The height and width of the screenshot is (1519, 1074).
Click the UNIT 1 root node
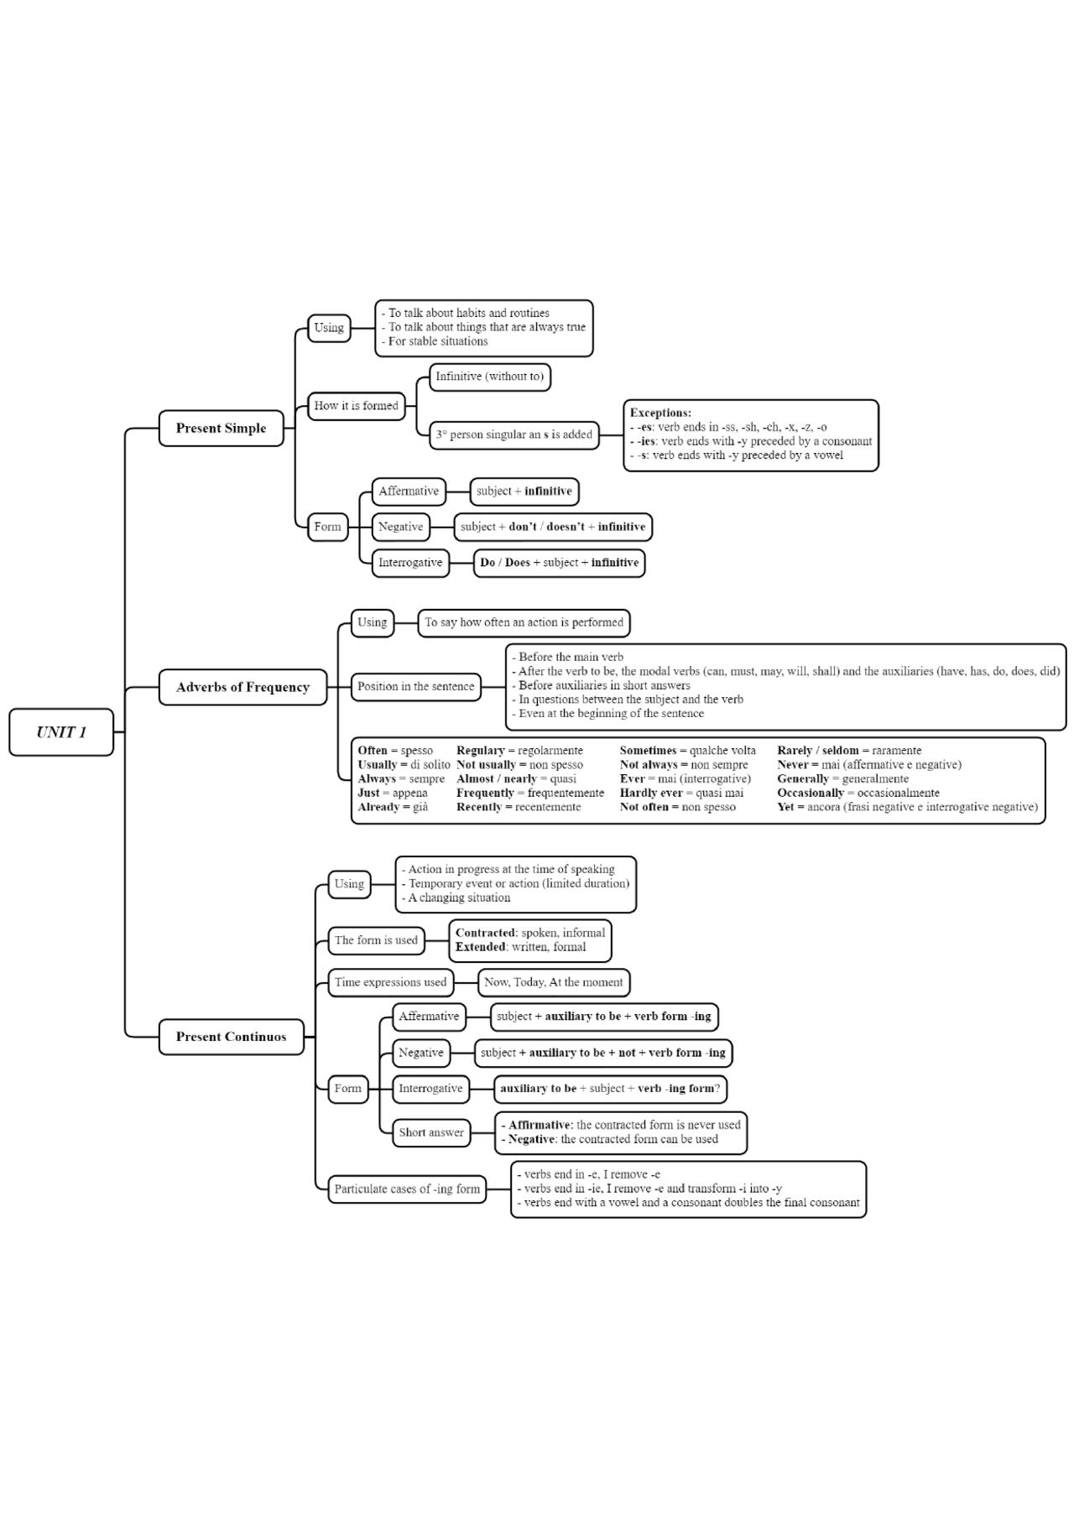[x=61, y=732]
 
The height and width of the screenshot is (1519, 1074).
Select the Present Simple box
[x=221, y=429]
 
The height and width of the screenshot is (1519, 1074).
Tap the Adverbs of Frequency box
[x=242, y=687]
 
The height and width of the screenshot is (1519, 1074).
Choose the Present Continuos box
[x=231, y=1037]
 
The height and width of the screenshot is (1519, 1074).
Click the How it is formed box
[x=356, y=406]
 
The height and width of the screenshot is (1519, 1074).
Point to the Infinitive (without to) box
[x=489, y=377]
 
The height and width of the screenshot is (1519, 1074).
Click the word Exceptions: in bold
[x=660, y=413]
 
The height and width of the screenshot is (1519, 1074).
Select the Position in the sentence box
[x=415, y=686]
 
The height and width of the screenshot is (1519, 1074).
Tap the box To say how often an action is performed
[x=524, y=622]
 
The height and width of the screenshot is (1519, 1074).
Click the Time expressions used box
[x=390, y=982]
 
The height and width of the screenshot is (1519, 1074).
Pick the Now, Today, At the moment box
[x=553, y=982]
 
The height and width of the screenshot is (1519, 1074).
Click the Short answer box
[x=430, y=1132]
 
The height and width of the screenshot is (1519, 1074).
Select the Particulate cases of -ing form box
[x=407, y=1189]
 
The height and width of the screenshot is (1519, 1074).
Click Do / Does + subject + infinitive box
[x=559, y=563]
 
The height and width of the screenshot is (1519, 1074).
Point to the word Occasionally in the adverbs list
[x=810, y=793]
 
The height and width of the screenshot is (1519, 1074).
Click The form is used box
[x=376, y=940]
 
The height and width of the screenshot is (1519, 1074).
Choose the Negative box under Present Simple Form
[x=400, y=527]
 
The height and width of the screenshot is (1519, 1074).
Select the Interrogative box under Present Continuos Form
[x=430, y=1089]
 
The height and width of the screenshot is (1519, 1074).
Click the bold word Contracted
[x=485, y=933]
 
